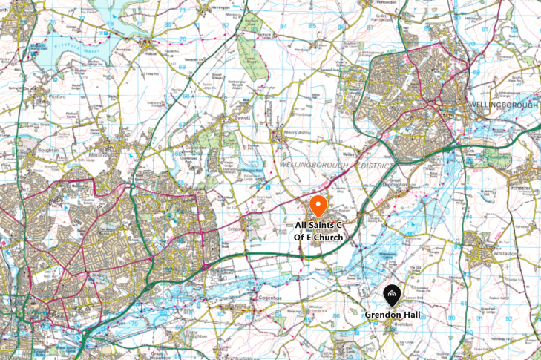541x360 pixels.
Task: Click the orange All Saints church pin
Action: click(318, 204)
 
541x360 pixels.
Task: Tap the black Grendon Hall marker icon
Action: click(393, 296)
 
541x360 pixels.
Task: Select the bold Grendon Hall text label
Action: click(393, 315)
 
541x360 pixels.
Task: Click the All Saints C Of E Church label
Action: click(319, 231)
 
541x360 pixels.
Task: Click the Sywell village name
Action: click(232, 117)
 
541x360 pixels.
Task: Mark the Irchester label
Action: click(519, 189)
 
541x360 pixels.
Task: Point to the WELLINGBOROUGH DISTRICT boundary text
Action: click(327, 165)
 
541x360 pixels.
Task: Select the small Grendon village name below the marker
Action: click(402, 324)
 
